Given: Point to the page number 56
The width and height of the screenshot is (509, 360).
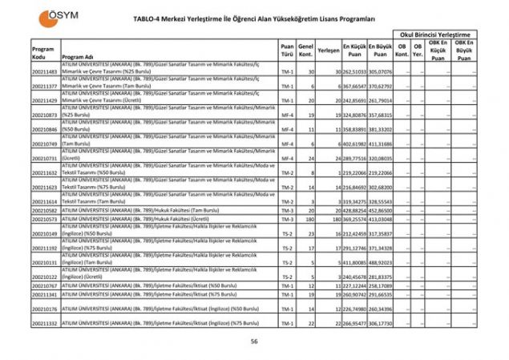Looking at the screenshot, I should tap(253, 341).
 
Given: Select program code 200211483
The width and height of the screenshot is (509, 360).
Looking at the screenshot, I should tap(45, 72).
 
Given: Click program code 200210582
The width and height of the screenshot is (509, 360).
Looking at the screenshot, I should tap(45, 210).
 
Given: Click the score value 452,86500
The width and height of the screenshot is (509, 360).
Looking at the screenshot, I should tap(381, 210).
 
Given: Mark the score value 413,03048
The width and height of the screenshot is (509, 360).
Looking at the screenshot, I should tap(381, 218).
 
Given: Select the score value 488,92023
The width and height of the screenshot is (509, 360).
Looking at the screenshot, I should tap(381, 262).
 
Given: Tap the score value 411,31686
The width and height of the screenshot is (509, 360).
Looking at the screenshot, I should tap(381, 144).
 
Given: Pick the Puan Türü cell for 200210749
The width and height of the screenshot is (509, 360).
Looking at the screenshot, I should tap(287, 144).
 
